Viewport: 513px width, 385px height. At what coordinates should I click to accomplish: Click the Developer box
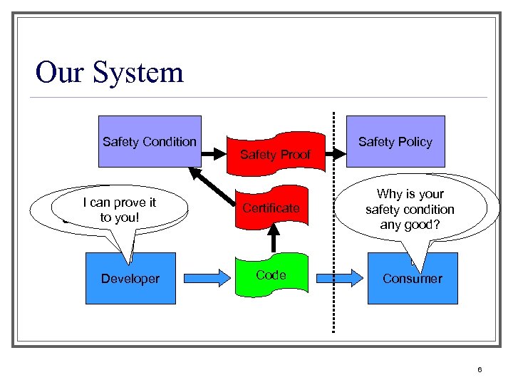130,279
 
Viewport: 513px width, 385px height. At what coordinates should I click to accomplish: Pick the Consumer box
412,279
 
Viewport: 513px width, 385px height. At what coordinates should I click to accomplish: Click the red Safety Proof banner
275,153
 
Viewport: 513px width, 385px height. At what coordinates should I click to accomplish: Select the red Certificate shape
271,208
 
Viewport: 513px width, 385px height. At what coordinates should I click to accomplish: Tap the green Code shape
271,275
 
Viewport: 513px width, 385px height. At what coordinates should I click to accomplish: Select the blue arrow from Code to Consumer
339,278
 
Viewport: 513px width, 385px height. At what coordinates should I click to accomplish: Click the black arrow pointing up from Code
271,239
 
